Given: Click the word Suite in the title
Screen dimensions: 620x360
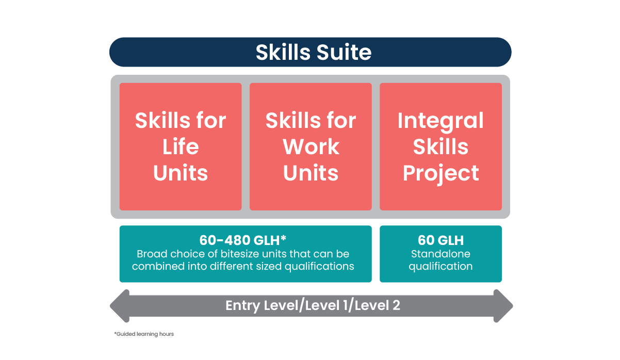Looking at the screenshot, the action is [x=344, y=52].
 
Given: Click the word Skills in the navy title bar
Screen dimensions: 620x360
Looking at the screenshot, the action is [x=283, y=52].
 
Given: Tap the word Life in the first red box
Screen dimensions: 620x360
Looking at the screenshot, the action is [x=181, y=146].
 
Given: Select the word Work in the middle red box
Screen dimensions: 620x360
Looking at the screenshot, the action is [x=311, y=146].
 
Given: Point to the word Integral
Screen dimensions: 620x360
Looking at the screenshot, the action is [x=440, y=121].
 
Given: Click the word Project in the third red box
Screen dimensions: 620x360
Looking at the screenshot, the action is [x=440, y=173].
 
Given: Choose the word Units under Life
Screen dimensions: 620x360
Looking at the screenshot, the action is [x=181, y=173].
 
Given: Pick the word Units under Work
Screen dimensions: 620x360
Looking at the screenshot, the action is [x=311, y=173].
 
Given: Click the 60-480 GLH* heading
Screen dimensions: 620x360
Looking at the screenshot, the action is [x=243, y=240].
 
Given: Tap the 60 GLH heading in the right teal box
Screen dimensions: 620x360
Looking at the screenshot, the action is [x=440, y=240].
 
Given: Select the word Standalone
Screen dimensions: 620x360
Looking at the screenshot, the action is [x=440, y=254].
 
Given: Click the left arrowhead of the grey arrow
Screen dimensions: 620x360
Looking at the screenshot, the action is [x=120, y=306].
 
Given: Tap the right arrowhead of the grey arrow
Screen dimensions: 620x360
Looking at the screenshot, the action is [x=503, y=306].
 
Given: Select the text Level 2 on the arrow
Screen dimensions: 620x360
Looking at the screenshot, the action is [x=377, y=305].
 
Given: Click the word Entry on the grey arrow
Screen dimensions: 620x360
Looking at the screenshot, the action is [x=243, y=306].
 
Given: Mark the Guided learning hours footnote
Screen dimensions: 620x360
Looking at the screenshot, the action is [x=144, y=334].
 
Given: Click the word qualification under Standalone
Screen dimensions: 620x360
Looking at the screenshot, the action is [x=440, y=267].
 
